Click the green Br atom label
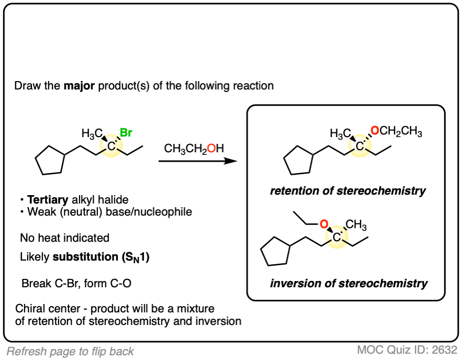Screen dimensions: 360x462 [126, 133]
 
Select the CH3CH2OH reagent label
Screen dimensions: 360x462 [194, 149]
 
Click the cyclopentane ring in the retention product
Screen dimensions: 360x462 [299, 164]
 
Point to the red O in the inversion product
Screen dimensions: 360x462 [324, 226]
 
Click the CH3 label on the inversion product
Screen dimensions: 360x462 [356, 225]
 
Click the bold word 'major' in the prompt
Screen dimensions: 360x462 [79, 85]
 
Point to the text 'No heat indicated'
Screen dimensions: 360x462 [65, 238]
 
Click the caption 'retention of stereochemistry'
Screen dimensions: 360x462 [348, 191]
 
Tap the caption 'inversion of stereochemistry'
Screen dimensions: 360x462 [349, 284]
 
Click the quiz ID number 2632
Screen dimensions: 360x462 [446, 350]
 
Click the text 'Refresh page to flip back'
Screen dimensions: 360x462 [71, 351]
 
